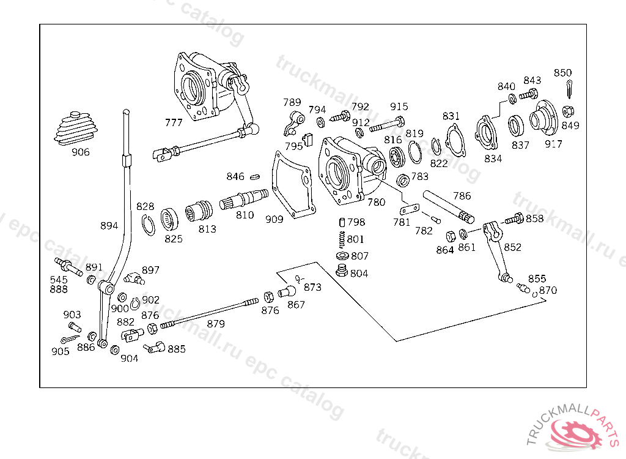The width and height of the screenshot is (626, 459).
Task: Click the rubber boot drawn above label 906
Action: (x=76, y=129)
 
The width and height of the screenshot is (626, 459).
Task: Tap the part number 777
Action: (x=174, y=122)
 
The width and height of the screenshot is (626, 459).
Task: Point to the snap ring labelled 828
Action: (x=148, y=225)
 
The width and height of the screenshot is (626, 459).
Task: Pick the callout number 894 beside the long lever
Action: (x=109, y=225)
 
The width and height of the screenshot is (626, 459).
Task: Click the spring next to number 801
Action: (x=341, y=239)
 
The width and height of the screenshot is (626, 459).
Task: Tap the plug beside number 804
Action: (x=341, y=271)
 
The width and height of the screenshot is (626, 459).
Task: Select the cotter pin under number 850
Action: (x=569, y=88)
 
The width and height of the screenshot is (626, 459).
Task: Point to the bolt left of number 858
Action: (x=514, y=218)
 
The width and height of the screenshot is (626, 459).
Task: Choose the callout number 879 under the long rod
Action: (x=216, y=324)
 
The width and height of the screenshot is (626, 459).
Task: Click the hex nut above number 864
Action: (x=451, y=236)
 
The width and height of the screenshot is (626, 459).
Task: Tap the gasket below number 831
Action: (x=455, y=140)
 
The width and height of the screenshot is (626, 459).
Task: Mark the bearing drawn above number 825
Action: (x=169, y=219)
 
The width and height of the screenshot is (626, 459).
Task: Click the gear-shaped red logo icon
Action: (x=576, y=434)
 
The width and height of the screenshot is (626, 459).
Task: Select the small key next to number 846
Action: (x=255, y=176)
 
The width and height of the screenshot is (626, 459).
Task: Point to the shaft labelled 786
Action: (x=448, y=206)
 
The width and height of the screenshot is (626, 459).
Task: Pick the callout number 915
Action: (x=399, y=106)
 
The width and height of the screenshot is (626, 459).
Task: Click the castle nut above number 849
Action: (x=568, y=111)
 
